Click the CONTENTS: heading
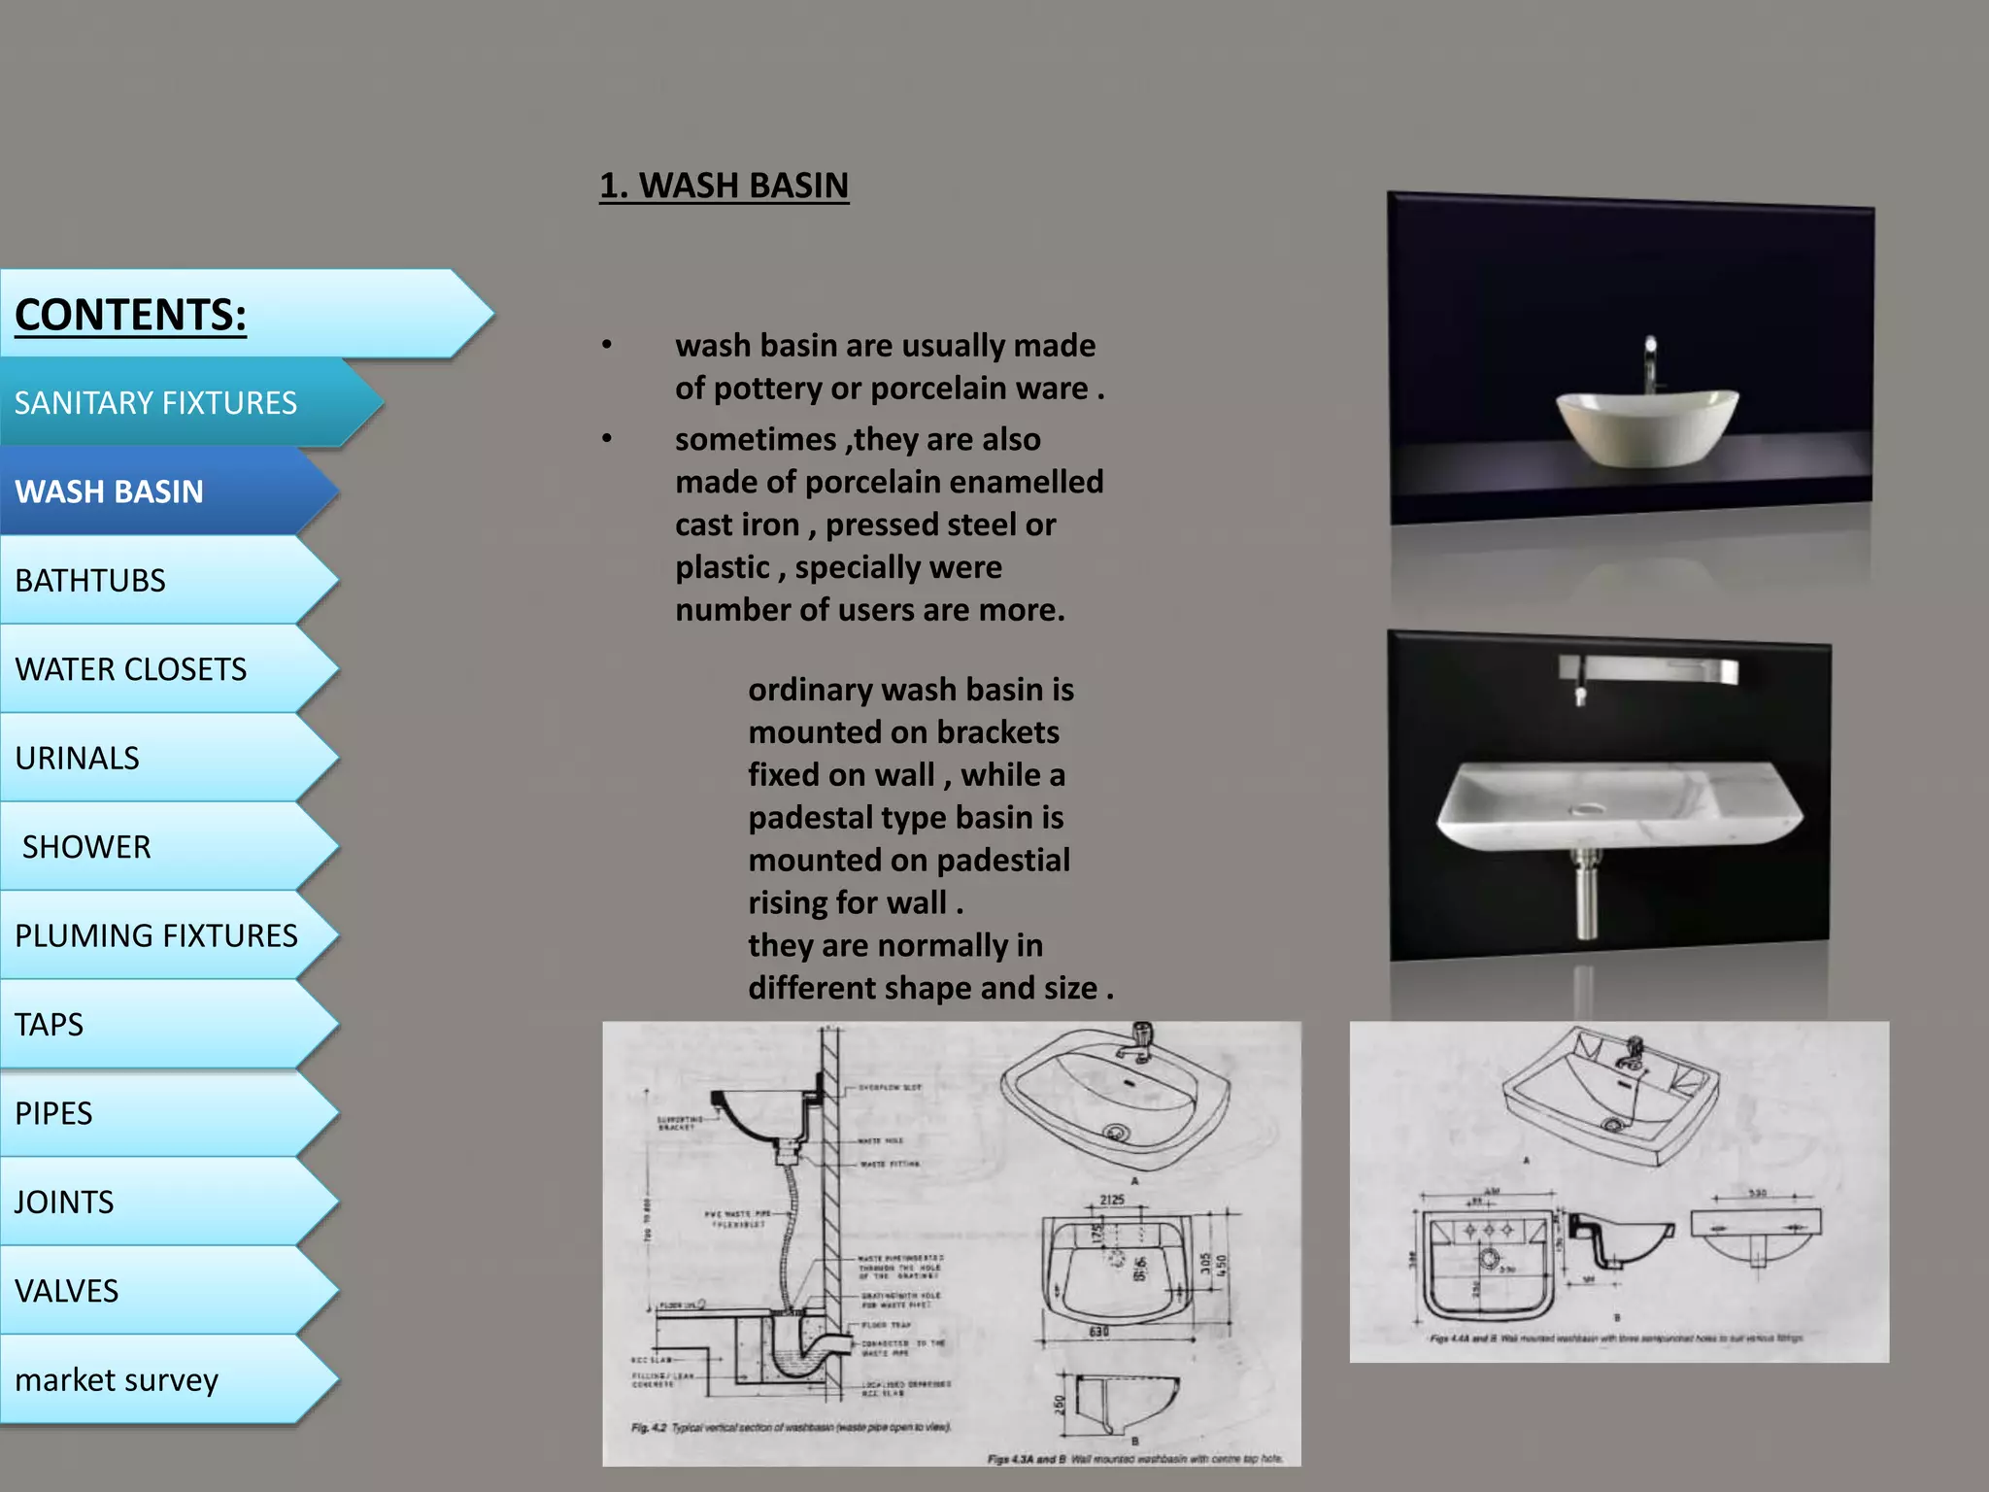tap(131, 315)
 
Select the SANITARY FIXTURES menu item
tap(155, 403)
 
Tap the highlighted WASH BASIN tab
tap(110, 492)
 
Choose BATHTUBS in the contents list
tap(90, 581)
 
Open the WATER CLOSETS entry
tap(131, 669)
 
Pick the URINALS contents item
tap(78, 759)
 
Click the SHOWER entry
tap(86, 847)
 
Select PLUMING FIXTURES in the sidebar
tap(156, 935)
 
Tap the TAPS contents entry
tap(50, 1025)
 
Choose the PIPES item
tap(53, 1113)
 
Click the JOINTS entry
tap(64, 1203)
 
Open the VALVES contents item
tap(67, 1291)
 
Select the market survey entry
tap(117, 1380)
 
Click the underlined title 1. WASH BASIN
tap(724, 186)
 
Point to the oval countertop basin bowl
tap(1647, 427)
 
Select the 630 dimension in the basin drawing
tap(1098, 1332)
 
